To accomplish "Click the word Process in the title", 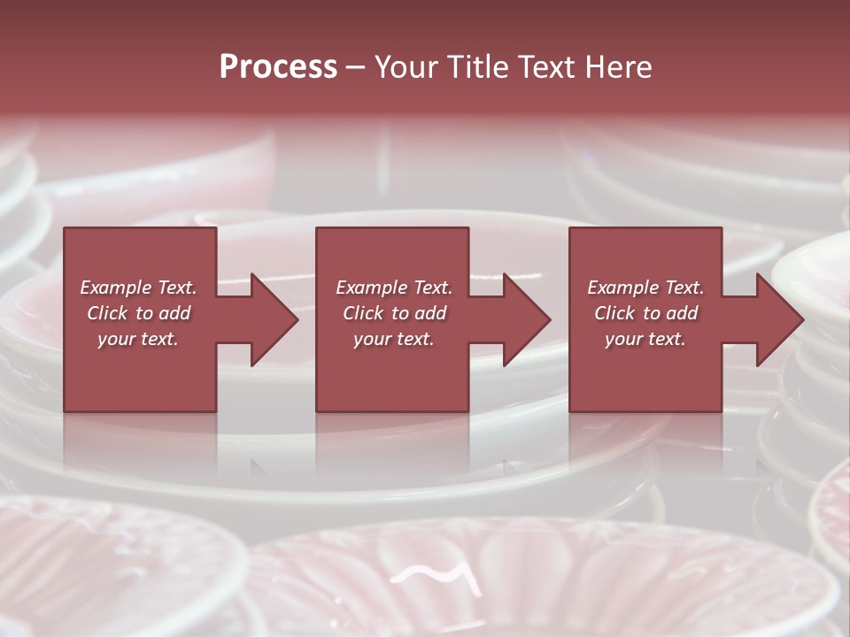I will click(x=278, y=67).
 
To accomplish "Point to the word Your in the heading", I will click(x=405, y=67).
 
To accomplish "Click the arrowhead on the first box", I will click(x=271, y=319).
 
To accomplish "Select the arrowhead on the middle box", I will click(x=523, y=319).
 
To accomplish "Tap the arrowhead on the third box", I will click(x=777, y=319).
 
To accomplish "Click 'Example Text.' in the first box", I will click(x=138, y=288).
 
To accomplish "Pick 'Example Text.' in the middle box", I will click(x=394, y=288).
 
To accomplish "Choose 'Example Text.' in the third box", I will click(x=645, y=288).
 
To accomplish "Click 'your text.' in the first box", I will click(x=138, y=339).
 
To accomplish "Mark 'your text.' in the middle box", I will click(x=394, y=339).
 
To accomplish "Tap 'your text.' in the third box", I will click(x=645, y=339).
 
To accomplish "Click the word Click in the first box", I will click(x=108, y=313).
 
